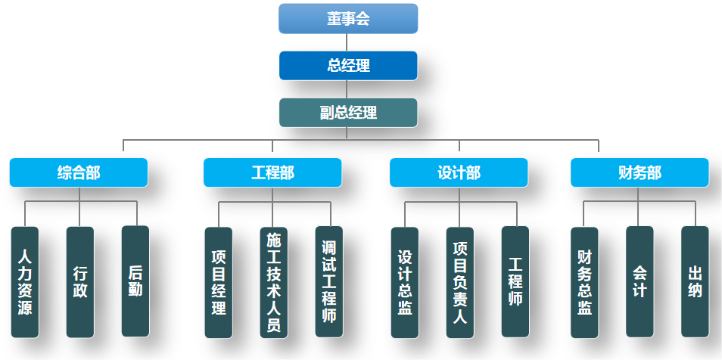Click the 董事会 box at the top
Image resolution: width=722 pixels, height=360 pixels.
click(x=348, y=19)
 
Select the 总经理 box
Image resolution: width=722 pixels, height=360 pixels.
click(x=348, y=65)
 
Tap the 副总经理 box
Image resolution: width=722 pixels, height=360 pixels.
click(x=348, y=113)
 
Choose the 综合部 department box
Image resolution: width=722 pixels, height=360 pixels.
click(x=79, y=172)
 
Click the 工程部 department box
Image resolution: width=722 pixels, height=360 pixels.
click(x=272, y=172)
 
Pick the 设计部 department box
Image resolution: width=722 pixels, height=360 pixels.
click(x=459, y=172)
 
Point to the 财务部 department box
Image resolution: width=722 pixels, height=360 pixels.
click(x=640, y=172)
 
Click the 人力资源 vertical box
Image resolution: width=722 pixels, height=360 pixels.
click(x=25, y=281)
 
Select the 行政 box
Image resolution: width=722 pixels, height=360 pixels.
click(x=80, y=281)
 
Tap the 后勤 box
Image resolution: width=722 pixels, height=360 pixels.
click(x=135, y=281)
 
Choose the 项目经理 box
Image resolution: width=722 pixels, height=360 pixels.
click(x=219, y=281)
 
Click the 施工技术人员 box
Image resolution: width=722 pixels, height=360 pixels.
click(x=274, y=282)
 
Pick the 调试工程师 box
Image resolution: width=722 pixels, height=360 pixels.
click(x=329, y=281)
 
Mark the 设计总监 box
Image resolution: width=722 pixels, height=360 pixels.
click(x=405, y=281)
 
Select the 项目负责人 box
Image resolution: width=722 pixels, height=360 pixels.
click(x=460, y=282)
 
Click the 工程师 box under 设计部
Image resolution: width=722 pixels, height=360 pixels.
click(x=515, y=281)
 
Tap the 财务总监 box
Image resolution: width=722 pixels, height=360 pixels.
click(x=584, y=281)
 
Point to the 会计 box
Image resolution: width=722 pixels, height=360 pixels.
click(x=640, y=281)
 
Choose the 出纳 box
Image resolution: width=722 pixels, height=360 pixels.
click(x=695, y=281)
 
